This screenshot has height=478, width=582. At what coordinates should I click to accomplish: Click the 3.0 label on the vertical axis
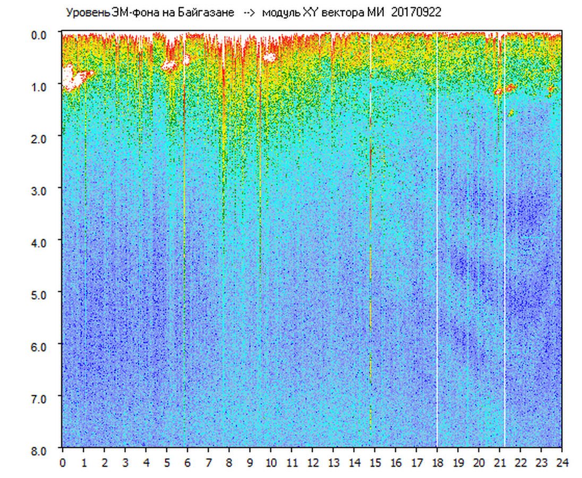point(40,190)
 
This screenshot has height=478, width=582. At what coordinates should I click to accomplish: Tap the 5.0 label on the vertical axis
point(40,294)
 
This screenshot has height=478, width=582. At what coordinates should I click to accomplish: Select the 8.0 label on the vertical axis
point(40,450)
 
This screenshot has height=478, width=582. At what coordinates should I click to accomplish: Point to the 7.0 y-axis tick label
point(40,398)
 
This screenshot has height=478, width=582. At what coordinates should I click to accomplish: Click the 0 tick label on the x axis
point(63,463)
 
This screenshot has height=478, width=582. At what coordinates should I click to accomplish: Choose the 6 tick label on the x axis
point(187,463)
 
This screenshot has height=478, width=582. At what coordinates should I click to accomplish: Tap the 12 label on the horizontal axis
point(312,463)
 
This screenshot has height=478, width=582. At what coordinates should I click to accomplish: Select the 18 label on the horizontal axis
point(437,463)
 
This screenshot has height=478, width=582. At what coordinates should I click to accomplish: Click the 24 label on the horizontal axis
point(562,463)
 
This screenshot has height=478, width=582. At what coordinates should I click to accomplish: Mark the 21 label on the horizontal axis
point(500,463)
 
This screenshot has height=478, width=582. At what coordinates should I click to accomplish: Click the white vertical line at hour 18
point(437,239)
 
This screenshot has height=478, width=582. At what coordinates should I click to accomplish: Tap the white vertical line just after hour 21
point(504,239)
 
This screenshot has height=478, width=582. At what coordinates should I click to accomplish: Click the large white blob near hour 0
point(72,78)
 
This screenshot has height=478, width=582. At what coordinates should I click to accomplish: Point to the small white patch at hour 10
point(270,57)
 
